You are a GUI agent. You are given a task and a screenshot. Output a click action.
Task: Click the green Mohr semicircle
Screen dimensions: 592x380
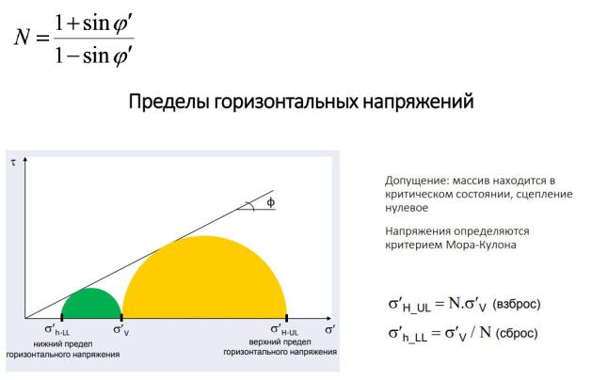91,304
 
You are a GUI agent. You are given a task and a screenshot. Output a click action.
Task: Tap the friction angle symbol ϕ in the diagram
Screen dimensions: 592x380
271,202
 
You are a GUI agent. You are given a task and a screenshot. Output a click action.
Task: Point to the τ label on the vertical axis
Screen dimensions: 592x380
13,163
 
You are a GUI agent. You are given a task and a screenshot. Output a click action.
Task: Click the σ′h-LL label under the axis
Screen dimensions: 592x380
57,329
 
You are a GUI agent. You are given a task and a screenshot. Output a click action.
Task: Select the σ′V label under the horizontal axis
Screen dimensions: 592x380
121,329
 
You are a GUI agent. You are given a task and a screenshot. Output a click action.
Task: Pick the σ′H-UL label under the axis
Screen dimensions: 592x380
284,329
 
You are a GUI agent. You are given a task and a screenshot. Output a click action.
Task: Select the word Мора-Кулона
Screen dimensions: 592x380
481,245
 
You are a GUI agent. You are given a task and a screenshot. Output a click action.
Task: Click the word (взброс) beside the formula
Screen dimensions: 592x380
517,304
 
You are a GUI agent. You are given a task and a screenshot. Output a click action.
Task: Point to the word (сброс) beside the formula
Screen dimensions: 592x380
517,333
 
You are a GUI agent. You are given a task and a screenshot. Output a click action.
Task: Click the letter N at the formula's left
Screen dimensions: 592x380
23,38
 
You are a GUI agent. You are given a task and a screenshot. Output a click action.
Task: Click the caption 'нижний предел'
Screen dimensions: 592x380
63,344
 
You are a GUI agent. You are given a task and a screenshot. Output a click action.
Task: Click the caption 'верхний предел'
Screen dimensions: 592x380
280,341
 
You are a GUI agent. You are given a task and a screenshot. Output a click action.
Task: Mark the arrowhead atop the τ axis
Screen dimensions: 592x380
25,160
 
